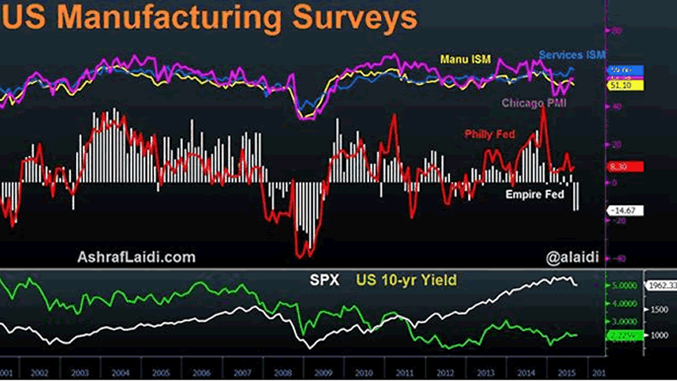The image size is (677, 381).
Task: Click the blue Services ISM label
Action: (x=572, y=54)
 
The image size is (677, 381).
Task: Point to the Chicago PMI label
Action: (x=534, y=103)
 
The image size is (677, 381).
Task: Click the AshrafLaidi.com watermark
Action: (x=136, y=256)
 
